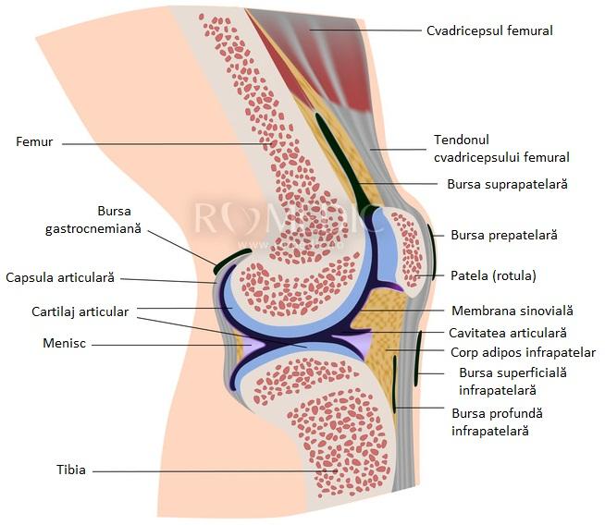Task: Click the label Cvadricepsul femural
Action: [489, 31]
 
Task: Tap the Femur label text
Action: [34, 142]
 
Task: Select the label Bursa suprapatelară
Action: [506, 184]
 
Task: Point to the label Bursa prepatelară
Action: [504, 235]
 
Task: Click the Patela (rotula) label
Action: [493, 275]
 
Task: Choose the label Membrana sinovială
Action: [512, 311]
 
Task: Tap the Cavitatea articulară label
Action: [507, 332]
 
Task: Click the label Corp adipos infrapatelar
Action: [523, 352]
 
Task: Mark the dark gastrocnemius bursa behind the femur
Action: [231, 258]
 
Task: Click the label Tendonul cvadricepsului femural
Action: [500, 149]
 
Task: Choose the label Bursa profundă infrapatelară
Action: [498, 421]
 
